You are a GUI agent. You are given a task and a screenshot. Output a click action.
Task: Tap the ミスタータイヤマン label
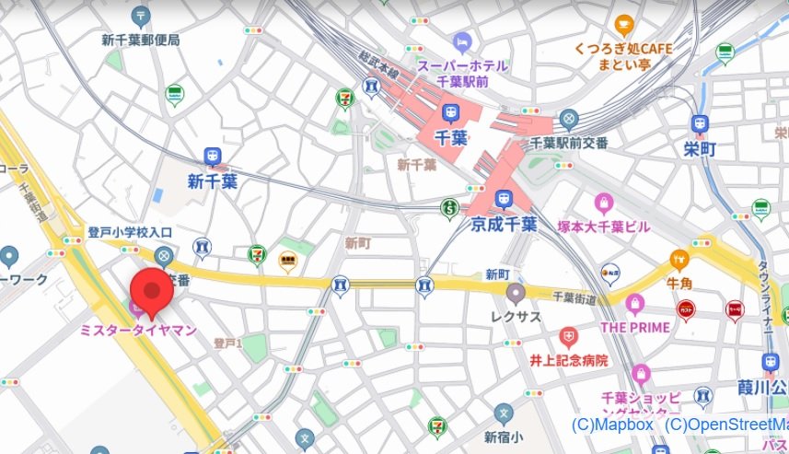click(x=139, y=330)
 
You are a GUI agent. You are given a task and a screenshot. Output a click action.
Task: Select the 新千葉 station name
click(x=212, y=181)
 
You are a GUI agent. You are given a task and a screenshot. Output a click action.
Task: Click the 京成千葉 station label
click(x=503, y=224)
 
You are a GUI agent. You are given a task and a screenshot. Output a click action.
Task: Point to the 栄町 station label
click(x=699, y=149)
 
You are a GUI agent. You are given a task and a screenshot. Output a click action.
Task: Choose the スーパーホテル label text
click(x=462, y=65)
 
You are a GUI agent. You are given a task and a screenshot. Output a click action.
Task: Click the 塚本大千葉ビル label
click(x=603, y=227)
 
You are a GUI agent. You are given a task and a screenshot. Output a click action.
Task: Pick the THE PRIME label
click(x=634, y=326)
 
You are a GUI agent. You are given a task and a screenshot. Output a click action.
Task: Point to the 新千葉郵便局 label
click(x=141, y=40)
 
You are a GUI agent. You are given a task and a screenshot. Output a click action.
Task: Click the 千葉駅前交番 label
click(x=570, y=143)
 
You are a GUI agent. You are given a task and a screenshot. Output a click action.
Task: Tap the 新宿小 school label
click(x=503, y=437)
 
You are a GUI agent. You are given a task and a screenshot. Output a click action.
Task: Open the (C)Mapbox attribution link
click(x=612, y=425)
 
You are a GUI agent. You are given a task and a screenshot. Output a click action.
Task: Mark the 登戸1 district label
click(x=227, y=343)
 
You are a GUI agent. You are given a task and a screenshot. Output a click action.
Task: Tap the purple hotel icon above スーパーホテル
click(x=462, y=42)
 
